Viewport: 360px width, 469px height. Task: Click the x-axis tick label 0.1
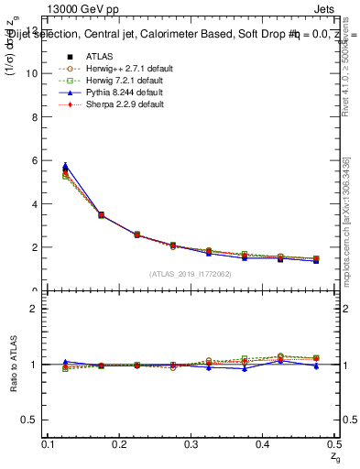(x=49, y=443)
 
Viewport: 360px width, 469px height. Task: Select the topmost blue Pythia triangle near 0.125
(x=64, y=166)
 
